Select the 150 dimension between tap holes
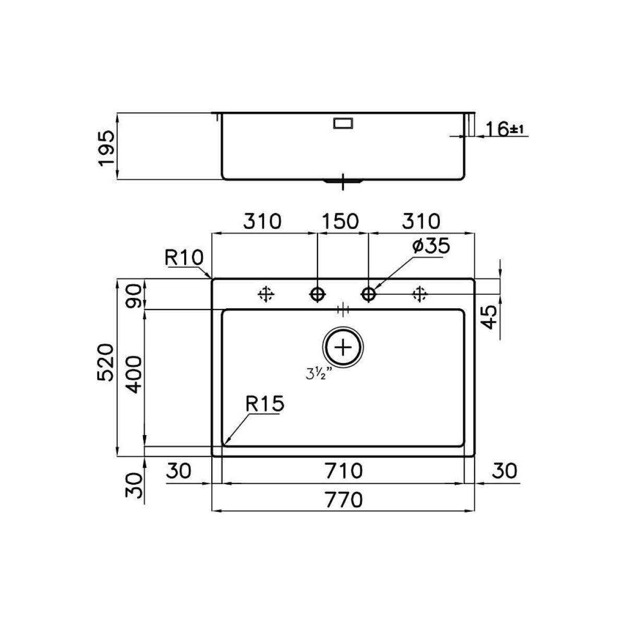pos(340,221)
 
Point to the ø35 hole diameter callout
pos(431,246)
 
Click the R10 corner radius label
pos(184,258)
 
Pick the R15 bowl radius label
pos(265,404)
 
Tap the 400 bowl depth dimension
pos(134,375)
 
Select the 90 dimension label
pos(134,296)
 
